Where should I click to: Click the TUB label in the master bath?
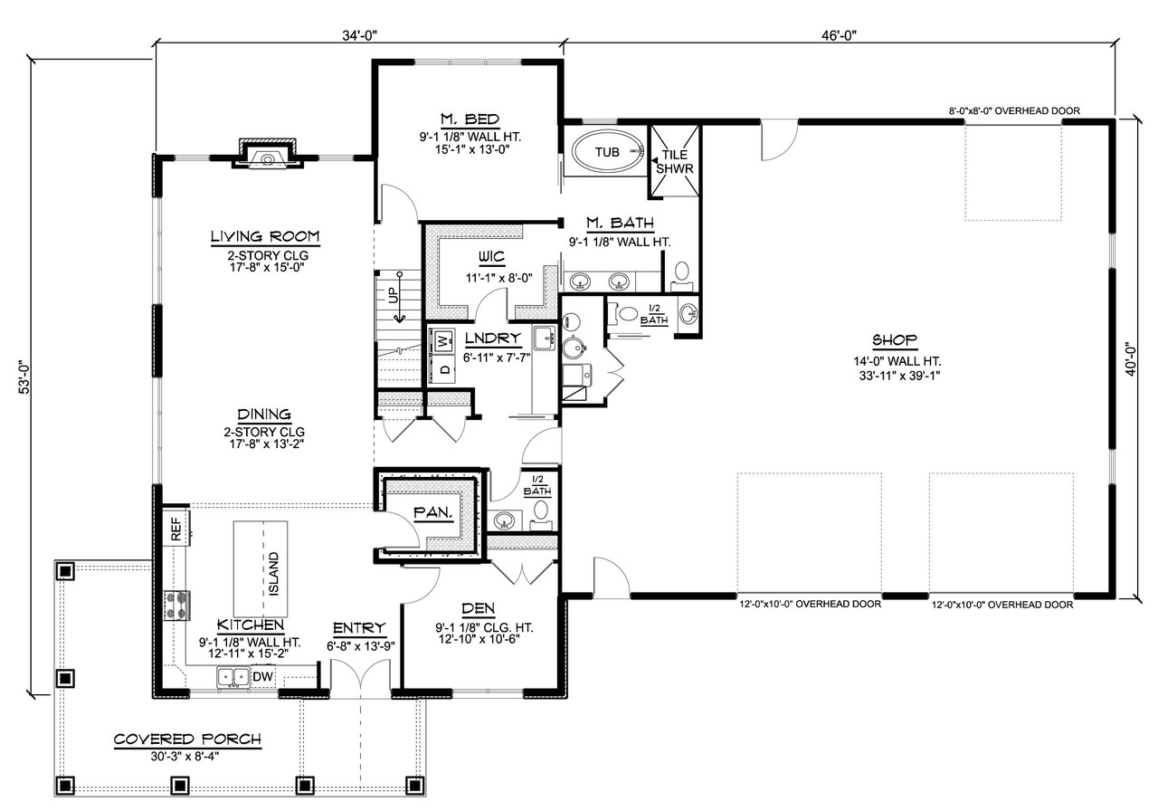pyautogui.click(x=606, y=152)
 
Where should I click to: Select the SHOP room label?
pyautogui.click(x=895, y=340)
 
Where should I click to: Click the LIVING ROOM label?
pyautogui.click(x=265, y=237)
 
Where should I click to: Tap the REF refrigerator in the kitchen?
pyautogui.click(x=176, y=526)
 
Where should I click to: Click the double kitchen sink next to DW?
pyautogui.click(x=233, y=676)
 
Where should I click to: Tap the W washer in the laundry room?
pyautogui.click(x=443, y=341)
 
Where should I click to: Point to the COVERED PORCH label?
pyautogui.click(x=187, y=739)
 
